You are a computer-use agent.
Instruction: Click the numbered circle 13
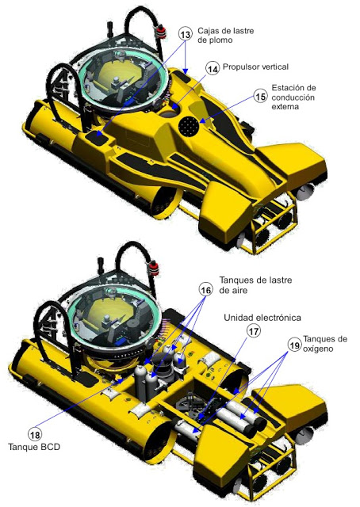pos(186,34)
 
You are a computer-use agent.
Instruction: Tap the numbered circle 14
pos(213,69)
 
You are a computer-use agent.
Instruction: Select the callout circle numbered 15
pos(261,97)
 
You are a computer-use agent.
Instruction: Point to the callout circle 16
pos(206,290)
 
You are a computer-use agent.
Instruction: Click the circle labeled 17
pos(254,331)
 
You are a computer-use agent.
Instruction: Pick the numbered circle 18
pos(35,435)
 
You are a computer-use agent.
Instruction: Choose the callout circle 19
pos(294,345)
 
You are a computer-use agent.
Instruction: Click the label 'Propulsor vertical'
pos(255,67)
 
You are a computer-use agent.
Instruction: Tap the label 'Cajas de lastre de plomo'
pos(226,35)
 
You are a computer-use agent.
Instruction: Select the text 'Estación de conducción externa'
pos(293,97)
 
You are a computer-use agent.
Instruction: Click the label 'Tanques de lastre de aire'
pos(255,285)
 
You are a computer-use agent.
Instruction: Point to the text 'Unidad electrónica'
pos(262,318)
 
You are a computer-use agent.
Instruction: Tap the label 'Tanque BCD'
pos(34,447)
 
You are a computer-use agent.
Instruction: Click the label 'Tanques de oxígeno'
pos(325,344)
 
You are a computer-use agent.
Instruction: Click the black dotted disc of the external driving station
pos(190,125)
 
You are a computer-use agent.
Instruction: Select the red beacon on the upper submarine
pos(161,32)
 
